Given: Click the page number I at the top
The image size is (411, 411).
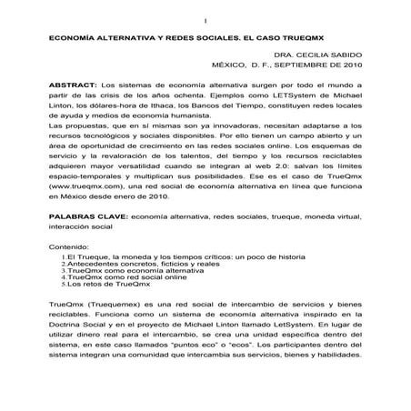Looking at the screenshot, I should click(x=205, y=21).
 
